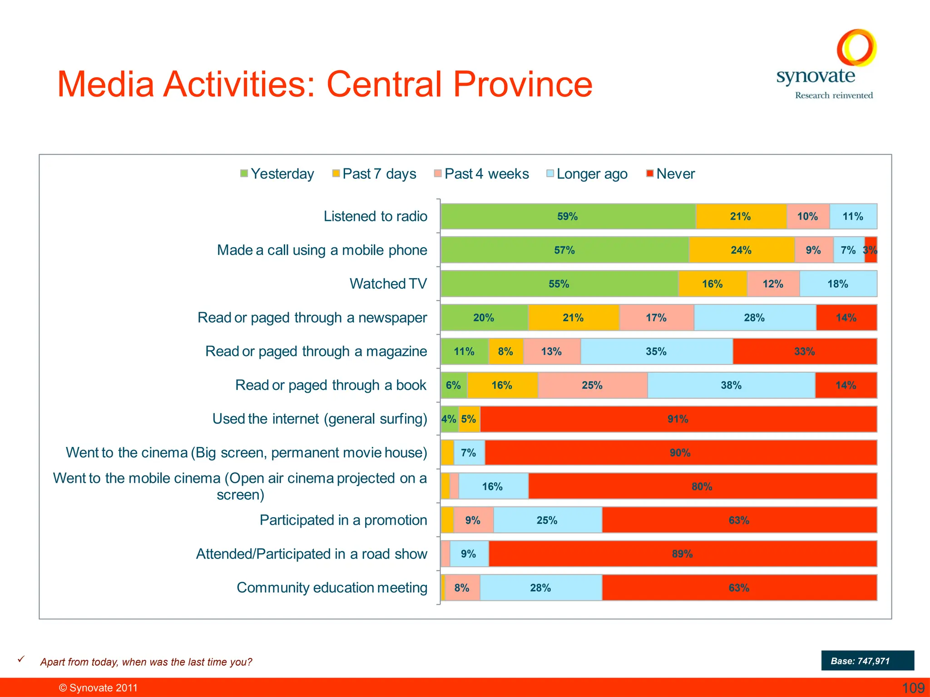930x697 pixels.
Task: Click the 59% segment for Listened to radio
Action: click(x=568, y=216)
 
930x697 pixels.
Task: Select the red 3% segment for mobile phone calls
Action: click(x=871, y=250)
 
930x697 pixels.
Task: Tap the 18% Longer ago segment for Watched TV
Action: click(x=838, y=284)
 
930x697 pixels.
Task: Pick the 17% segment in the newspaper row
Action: click(x=656, y=318)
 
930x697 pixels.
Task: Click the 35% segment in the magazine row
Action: click(x=656, y=352)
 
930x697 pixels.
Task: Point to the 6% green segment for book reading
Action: click(x=454, y=385)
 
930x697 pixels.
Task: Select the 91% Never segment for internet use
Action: click(x=678, y=419)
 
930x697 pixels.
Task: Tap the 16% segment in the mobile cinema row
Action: click(x=493, y=486)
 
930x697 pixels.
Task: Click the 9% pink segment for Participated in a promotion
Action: click(x=473, y=520)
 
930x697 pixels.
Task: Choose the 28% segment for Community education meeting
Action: click(x=540, y=588)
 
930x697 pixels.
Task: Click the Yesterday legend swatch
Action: click(x=244, y=173)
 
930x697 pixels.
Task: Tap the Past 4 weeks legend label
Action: click(x=486, y=174)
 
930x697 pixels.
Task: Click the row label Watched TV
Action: click(x=388, y=284)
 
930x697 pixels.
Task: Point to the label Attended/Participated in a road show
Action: click(x=312, y=554)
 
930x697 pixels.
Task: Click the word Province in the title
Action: click(x=523, y=84)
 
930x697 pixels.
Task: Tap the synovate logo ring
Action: click(x=856, y=48)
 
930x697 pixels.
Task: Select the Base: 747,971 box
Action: click(x=867, y=661)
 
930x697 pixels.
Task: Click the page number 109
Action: click(x=913, y=688)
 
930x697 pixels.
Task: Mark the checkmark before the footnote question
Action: click(x=21, y=659)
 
